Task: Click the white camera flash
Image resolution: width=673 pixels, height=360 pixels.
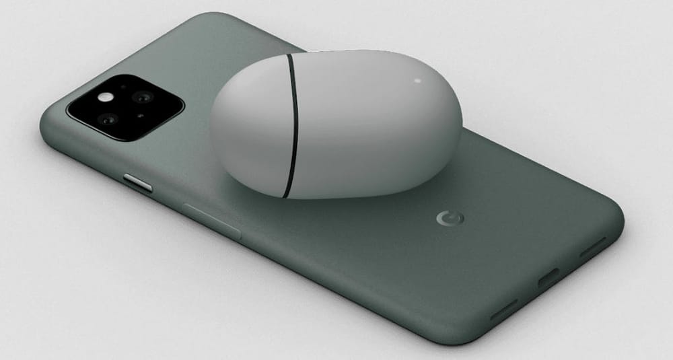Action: coord(106,97)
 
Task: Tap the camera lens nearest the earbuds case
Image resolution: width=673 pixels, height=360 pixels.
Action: coord(143,98)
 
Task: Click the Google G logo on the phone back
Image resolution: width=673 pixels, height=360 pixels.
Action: coord(445,218)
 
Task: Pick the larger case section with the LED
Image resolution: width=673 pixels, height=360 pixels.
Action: coord(377,128)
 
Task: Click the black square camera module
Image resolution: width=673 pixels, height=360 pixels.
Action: coord(125,108)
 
